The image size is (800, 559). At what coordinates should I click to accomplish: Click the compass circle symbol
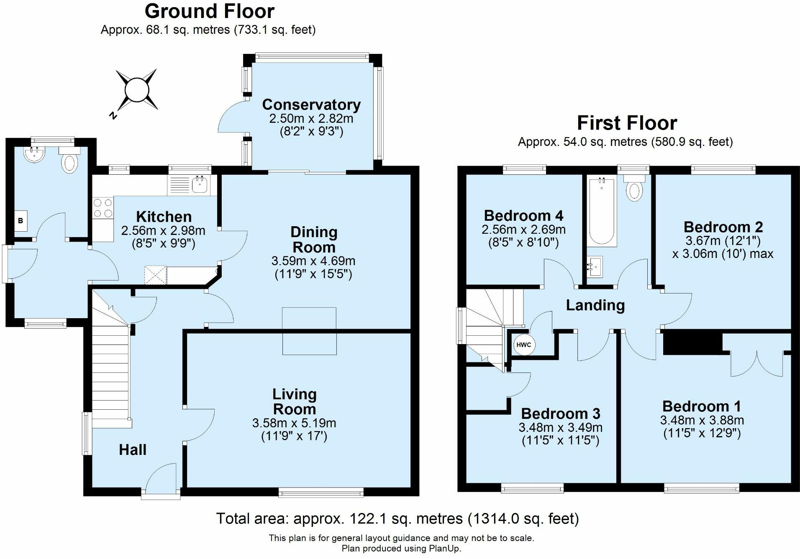click(137, 90)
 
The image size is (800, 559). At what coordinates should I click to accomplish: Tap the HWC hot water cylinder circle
click(523, 345)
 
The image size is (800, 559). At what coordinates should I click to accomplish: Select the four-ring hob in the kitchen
click(103, 208)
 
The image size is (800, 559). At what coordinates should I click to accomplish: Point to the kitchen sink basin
click(200, 184)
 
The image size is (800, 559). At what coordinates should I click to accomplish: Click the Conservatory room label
click(311, 105)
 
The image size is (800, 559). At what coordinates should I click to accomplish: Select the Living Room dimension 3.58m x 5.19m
click(294, 423)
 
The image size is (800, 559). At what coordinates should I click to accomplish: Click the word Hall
click(133, 450)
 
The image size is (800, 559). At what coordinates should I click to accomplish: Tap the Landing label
click(595, 306)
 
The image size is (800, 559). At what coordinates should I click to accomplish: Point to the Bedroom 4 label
click(523, 216)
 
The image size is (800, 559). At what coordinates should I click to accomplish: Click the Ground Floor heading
click(210, 11)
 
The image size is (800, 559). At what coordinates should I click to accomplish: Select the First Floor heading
click(627, 123)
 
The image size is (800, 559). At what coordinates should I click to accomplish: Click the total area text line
click(397, 519)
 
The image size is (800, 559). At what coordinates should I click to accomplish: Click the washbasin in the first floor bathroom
click(595, 266)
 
